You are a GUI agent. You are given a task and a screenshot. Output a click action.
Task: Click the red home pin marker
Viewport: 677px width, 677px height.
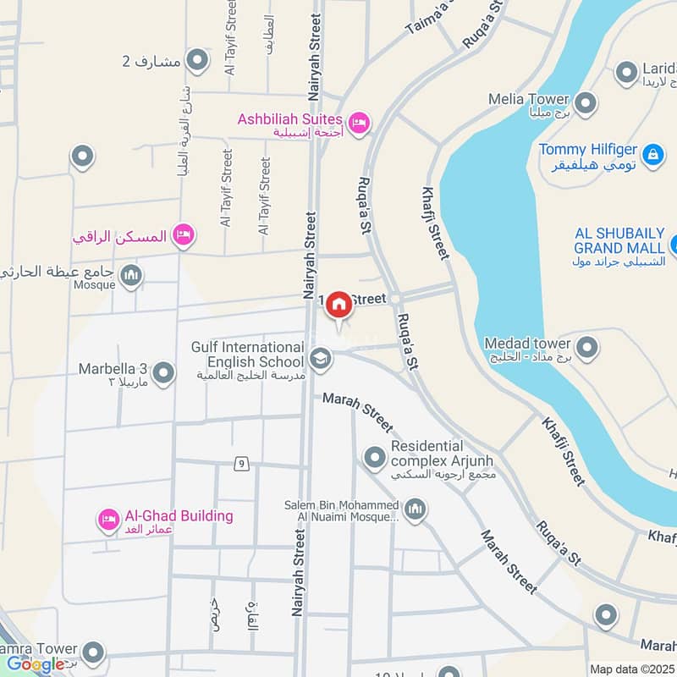[338, 305]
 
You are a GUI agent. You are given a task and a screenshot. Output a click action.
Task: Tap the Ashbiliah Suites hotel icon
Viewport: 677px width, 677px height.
[359, 124]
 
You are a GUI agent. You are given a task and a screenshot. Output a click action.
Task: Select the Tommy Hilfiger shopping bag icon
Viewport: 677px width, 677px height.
[652, 155]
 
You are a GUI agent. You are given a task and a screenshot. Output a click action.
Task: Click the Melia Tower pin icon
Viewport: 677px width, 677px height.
[585, 105]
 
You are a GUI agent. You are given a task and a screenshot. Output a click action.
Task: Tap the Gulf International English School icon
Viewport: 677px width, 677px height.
[321, 359]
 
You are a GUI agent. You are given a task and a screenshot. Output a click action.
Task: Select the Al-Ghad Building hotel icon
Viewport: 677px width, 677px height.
[108, 520]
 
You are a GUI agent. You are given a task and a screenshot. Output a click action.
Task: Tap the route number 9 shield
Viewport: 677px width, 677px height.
[242, 462]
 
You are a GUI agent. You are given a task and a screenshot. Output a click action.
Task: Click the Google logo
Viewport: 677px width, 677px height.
[36, 664]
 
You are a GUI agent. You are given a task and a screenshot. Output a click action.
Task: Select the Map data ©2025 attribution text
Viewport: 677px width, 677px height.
[632, 669]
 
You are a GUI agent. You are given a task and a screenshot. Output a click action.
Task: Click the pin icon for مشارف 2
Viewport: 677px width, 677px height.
[197, 61]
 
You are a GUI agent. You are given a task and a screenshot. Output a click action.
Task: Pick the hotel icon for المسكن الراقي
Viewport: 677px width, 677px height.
[183, 235]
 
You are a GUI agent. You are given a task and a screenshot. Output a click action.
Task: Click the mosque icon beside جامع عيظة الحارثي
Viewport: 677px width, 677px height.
[131, 275]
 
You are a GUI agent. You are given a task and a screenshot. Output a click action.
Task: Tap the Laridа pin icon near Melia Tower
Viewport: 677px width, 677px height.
[626, 72]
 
